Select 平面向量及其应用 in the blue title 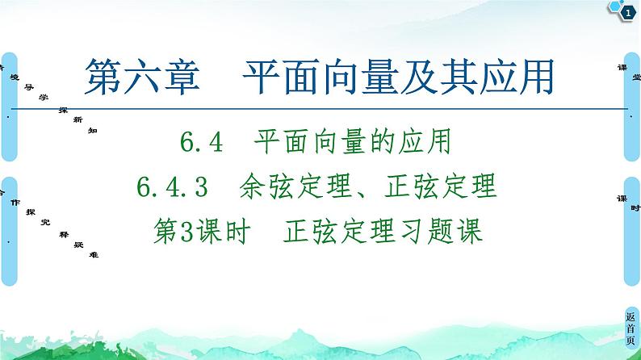(400, 77)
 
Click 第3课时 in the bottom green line (192, 232)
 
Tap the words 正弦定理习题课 (383, 232)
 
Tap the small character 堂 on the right (636, 77)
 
